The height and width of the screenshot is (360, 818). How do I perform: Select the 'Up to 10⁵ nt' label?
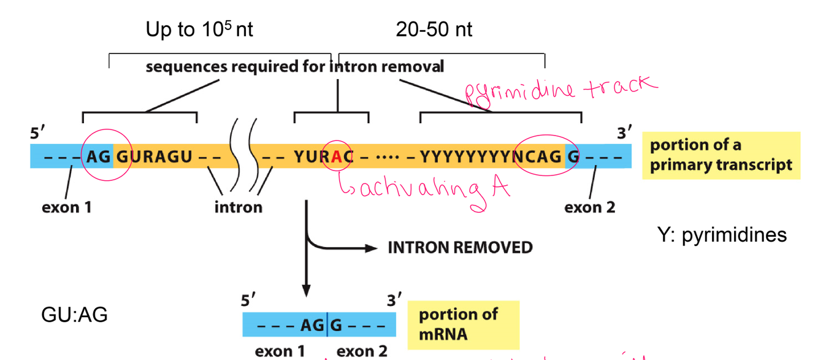click(199, 29)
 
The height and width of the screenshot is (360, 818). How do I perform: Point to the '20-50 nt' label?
click(434, 29)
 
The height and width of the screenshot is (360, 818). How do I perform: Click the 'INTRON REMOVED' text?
click(460, 248)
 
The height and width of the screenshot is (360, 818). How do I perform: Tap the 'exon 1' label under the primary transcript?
click(66, 207)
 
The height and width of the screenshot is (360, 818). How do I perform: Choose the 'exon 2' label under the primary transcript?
click(589, 207)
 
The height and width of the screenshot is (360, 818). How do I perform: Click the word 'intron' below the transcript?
click(238, 207)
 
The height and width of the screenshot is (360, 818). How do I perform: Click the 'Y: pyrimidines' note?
click(721, 234)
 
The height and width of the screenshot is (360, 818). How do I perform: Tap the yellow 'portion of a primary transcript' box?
click(721, 155)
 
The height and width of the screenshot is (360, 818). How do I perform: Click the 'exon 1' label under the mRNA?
click(280, 351)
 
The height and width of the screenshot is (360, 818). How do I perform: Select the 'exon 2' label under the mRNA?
click(362, 351)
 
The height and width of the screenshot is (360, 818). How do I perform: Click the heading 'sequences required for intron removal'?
click(294, 66)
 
